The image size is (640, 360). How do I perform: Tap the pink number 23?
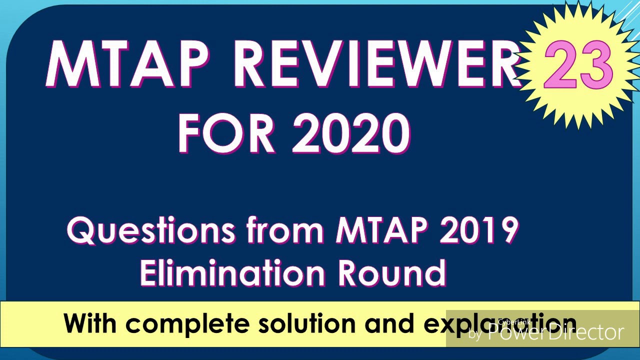pyautogui.click(x=578, y=65)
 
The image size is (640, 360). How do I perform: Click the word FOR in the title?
pyautogui.click(x=226, y=134)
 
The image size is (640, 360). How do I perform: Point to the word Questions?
pyautogui.click(x=150, y=231)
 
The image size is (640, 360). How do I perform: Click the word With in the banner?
pyautogui.click(x=90, y=323)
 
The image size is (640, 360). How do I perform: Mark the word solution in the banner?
pyautogui.click(x=307, y=323)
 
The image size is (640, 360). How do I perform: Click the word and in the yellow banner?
pyautogui.click(x=389, y=323)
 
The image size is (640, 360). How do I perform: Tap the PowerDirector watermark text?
pyautogui.click(x=555, y=332)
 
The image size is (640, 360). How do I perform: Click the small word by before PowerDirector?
pyautogui.click(x=475, y=334)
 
